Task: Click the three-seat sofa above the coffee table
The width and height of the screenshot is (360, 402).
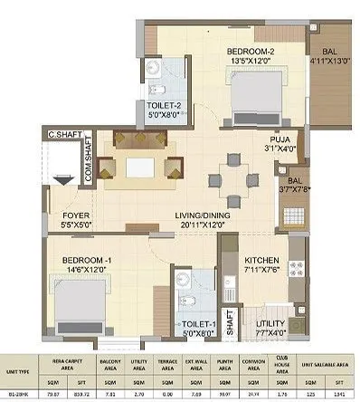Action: pos(140,140)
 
